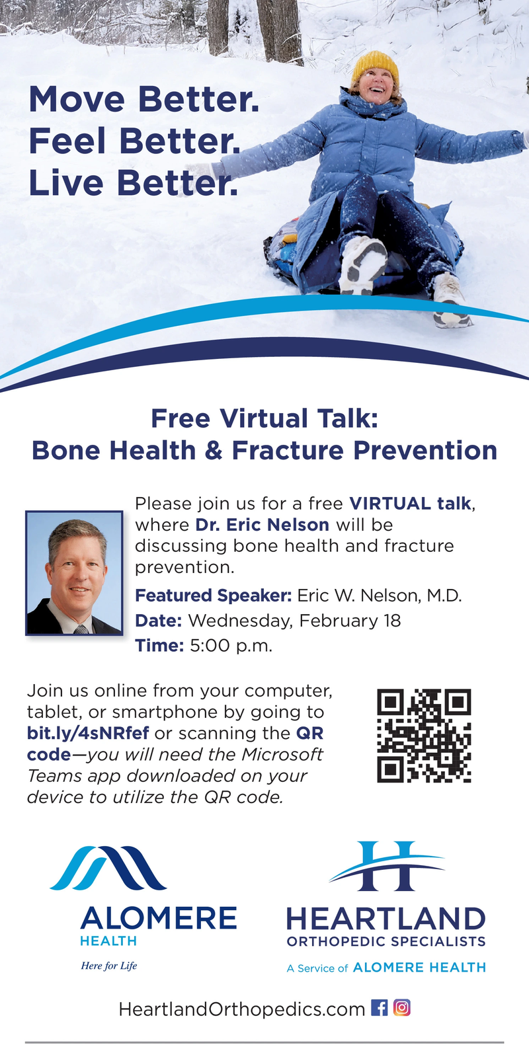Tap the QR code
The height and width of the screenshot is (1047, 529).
click(424, 735)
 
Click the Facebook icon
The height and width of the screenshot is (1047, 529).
click(380, 1007)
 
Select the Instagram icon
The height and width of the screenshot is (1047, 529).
click(402, 1007)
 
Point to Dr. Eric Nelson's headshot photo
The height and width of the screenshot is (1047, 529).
click(74, 573)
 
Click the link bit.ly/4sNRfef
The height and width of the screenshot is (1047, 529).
click(88, 733)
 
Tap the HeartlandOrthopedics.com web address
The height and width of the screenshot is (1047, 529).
click(242, 1009)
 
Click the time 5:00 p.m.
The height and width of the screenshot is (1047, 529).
click(231, 646)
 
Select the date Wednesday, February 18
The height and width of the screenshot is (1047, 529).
click(294, 620)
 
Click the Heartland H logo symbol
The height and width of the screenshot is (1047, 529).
click(387, 866)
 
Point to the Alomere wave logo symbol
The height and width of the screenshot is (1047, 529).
click(108, 867)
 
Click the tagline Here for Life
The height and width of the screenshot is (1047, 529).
click(109, 965)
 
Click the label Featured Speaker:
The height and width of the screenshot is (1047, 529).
click(214, 596)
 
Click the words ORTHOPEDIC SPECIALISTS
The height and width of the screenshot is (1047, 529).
click(386, 941)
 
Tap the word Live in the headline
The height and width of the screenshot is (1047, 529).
click(66, 182)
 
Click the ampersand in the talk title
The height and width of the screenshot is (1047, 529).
click(214, 450)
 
